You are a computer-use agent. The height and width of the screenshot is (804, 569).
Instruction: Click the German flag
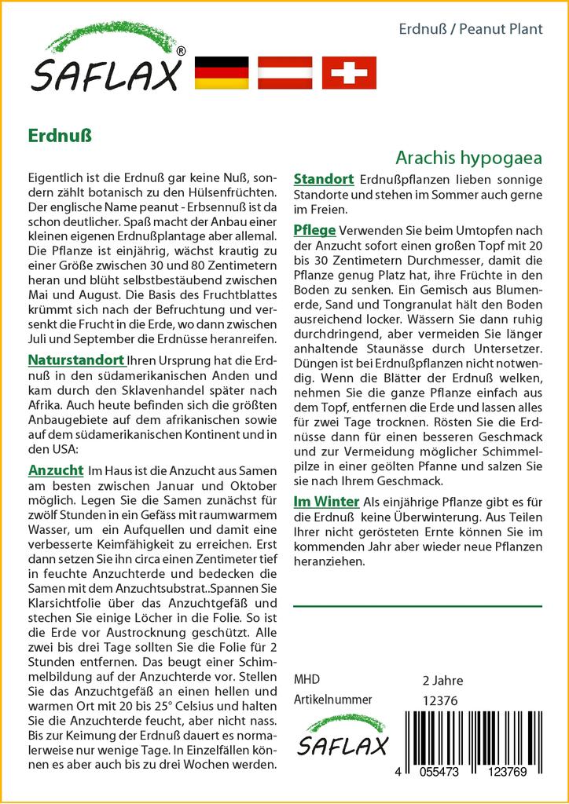click(221, 72)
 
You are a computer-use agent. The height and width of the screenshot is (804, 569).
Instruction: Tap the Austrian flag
click(285, 72)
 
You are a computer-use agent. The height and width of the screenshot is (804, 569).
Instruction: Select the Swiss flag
click(349, 72)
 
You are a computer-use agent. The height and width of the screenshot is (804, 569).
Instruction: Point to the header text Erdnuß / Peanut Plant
click(471, 29)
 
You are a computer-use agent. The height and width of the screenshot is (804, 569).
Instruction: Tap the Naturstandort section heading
click(75, 360)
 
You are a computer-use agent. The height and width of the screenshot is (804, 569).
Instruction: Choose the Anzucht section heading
click(55, 470)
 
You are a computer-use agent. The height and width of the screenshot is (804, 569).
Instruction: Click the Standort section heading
click(323, 180)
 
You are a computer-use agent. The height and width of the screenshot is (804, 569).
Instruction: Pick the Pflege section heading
click(314, 230)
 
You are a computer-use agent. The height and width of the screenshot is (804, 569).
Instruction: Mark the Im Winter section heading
click(326, 502)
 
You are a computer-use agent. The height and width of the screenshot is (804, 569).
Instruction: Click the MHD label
click(307, 680)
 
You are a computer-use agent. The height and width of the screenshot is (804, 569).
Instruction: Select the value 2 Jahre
click(442, 680)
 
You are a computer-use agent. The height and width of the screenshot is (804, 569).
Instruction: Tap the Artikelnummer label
click(332, 700)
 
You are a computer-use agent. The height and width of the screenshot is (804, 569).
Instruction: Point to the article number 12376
click(439, 700)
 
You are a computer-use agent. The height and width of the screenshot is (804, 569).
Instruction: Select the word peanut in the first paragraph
click(171, 208)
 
